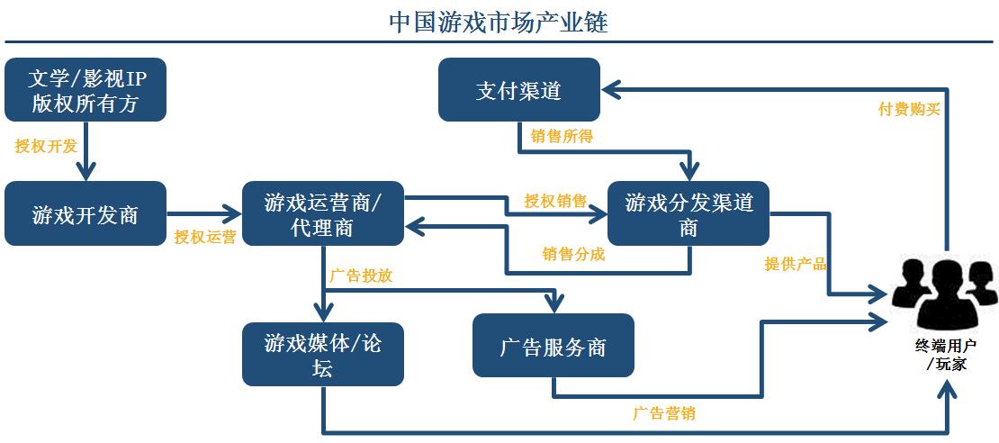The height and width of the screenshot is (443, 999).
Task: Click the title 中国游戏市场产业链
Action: tap(499, 22)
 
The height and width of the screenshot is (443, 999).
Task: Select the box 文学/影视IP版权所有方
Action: tap(85, 90)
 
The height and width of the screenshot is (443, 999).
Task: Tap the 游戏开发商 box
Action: tap(85, 214)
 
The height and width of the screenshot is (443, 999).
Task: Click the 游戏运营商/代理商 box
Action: tap(323, 214)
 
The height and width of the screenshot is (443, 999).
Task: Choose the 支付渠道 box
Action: tap(519, 90)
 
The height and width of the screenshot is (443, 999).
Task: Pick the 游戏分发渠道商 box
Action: tap(688, 214)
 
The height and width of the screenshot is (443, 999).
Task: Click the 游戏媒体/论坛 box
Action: tap(323, 355)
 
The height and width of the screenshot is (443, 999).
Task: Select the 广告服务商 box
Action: tap(553, 346)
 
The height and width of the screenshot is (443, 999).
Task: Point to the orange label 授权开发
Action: tap(46, 146)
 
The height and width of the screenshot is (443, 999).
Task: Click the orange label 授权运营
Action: tap(205, 238)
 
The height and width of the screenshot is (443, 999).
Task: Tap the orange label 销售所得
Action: tap(561, 136)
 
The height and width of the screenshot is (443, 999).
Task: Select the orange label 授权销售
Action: tap(555, 200)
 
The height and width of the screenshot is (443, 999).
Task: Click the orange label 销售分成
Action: tap(572, 254)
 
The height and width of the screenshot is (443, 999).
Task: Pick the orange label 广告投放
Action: tap(361, 276)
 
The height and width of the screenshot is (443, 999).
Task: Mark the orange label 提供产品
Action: tap(795, 264)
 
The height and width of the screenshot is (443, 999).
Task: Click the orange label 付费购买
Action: tap(909, 109)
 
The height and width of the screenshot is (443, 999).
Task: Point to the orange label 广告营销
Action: tap(662, 414)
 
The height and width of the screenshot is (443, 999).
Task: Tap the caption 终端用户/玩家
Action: tap(945, 355)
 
